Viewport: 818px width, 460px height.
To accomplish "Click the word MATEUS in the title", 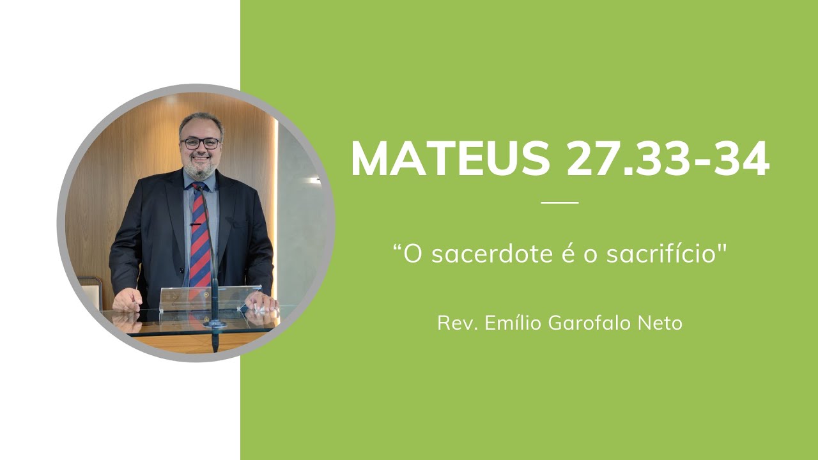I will pos(450,158).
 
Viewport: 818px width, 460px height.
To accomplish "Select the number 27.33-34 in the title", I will pos(668,158).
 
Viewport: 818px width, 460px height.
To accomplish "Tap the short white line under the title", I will pos(559,203).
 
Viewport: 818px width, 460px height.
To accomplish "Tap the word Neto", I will pos(661,323).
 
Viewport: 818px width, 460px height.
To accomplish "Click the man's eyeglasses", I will pos(201,143).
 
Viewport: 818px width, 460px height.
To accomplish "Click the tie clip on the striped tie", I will pos(196,224).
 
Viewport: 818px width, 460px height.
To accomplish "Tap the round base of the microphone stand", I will pos(215,324).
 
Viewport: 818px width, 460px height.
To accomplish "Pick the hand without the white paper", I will pos(128,298).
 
